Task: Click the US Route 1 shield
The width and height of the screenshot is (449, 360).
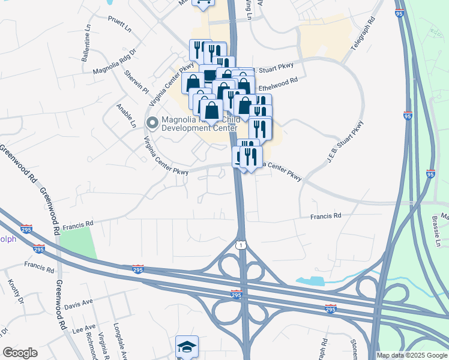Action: point(240,245)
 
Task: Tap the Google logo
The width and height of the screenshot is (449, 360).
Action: point(20,353)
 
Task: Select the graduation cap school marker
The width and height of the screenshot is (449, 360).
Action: point(187,346)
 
